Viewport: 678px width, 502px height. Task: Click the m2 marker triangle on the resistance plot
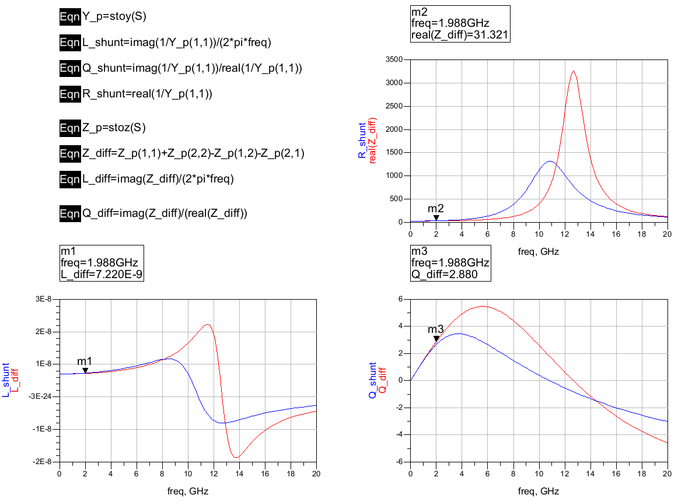point(436,218)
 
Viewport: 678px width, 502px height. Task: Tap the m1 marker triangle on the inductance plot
point(85,370)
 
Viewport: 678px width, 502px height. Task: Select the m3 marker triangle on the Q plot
point(436,339)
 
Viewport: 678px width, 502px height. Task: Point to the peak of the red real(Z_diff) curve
point(574,71)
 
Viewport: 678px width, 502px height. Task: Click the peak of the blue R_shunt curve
point(550,162)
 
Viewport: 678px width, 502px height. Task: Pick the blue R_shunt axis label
point(362,141)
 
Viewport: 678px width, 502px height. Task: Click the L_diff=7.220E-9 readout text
point(100,273)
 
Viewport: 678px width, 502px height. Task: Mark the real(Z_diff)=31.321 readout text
point(460,35)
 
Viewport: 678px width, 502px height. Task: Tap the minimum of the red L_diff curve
point(236,457)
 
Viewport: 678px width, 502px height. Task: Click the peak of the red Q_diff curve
point(483,306)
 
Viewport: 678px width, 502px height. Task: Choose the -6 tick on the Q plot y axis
point(401,462)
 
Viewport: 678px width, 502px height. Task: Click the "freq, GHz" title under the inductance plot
point(187,491)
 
